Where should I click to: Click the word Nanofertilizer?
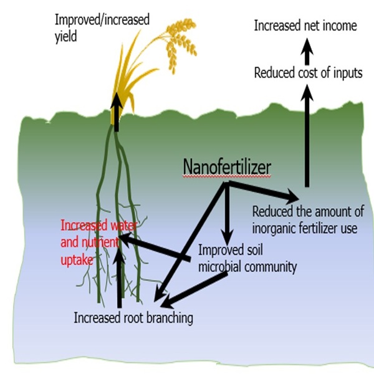(x=226, y=167)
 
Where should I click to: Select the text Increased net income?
(x=305, y=26)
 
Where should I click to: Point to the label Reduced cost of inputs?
(x=308, y=73)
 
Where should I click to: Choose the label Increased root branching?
(x=133, y=318)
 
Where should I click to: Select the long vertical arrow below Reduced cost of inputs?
(x=306, y=137)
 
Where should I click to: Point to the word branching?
(x=169, y=318)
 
